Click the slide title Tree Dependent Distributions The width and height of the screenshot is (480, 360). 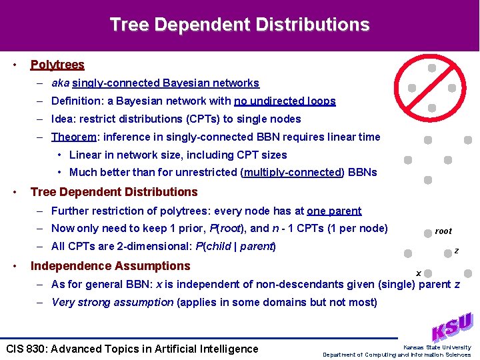pyautogui.click(x=239, y=25)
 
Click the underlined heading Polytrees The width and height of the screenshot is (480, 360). pyautogui.click(x=57, y=65)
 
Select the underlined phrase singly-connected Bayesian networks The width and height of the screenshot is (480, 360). pyautogui.click(x=165, y=83)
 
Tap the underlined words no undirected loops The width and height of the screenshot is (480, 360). pyautogui.click(x=285, y=101)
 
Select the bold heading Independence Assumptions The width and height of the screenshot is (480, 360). pyautogui.click(x=111, y=266)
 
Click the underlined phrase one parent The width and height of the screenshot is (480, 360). pyautogui.click(x=334, y=211)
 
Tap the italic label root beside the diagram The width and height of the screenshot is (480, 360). pyautogui.click(x=443, y=231)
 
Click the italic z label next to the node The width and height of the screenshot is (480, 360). pyautogui.click(x=456, y=251)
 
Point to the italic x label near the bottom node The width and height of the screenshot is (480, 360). pyautogui.click(x=418, y=273)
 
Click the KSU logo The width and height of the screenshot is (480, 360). pyautogui.click(x=453, y=327)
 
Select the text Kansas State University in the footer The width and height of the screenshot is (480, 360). pyautogui.click(x=437, y=347)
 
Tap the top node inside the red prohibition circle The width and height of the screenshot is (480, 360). pyautogui.click(x=432, y=68)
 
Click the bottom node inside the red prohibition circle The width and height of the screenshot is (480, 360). pyautogui.click(x=432, y=107)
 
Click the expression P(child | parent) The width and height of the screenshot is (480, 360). pyautogui.click(x=233, y=247)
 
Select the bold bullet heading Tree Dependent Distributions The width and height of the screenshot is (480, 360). pyautogui.click(x=114, y=192)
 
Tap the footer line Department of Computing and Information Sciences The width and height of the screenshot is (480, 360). pyautogui.click(x=397, y=355)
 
